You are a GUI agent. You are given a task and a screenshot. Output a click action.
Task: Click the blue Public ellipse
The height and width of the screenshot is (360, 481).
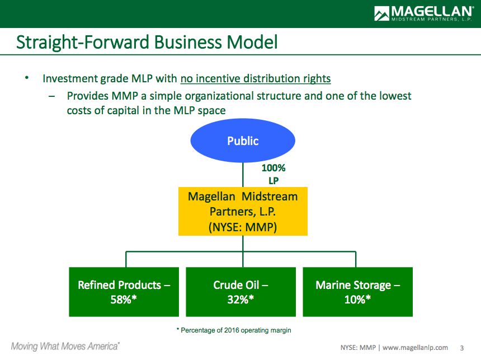click(x=243, y=141)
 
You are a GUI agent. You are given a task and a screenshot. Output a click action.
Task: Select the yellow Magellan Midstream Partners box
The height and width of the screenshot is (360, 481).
click(x=243, y=211)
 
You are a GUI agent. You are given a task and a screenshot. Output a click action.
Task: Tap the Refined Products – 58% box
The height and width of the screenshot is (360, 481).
click(x=124, y=292)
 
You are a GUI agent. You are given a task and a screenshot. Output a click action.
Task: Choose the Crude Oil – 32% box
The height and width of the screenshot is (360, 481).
click(x=241, y=292)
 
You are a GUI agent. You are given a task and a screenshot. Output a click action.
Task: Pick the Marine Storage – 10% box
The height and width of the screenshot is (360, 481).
click(x=358, y=292)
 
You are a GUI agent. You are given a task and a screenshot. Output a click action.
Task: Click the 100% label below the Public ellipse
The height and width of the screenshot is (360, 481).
click(x=273, y=168)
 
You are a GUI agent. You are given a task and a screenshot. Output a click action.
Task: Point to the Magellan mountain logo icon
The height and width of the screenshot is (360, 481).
click(x=381, y=13)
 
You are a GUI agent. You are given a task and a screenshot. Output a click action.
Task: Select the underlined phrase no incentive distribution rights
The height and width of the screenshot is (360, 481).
click(x=256, y=78)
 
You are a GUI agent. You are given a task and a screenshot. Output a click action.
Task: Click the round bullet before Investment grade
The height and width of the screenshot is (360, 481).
click(x=27, y=78)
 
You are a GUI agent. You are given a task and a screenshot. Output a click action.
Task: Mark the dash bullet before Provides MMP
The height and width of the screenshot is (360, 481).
click(x=51, y=96)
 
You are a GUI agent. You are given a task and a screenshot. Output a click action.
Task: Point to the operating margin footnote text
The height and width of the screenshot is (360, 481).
click(x=234, y=330)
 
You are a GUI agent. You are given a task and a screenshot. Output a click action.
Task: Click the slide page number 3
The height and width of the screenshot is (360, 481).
click(x=461, y=348)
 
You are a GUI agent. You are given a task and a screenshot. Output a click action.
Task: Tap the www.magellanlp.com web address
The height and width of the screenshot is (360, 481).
click(x=415, y=348)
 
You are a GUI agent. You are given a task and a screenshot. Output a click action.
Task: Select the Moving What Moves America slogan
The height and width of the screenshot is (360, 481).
click(x=65, y=347)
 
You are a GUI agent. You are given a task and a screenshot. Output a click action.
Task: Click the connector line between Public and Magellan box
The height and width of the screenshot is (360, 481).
click(x=243, y=175)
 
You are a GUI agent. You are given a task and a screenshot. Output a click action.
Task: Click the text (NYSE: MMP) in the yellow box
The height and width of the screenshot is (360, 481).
click(x=243, y=227)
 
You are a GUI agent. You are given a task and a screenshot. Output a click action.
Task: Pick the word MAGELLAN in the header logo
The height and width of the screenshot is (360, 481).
click(x=432, y=11)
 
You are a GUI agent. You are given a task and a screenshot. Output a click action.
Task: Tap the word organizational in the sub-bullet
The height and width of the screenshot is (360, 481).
click(x=219, y=96)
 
